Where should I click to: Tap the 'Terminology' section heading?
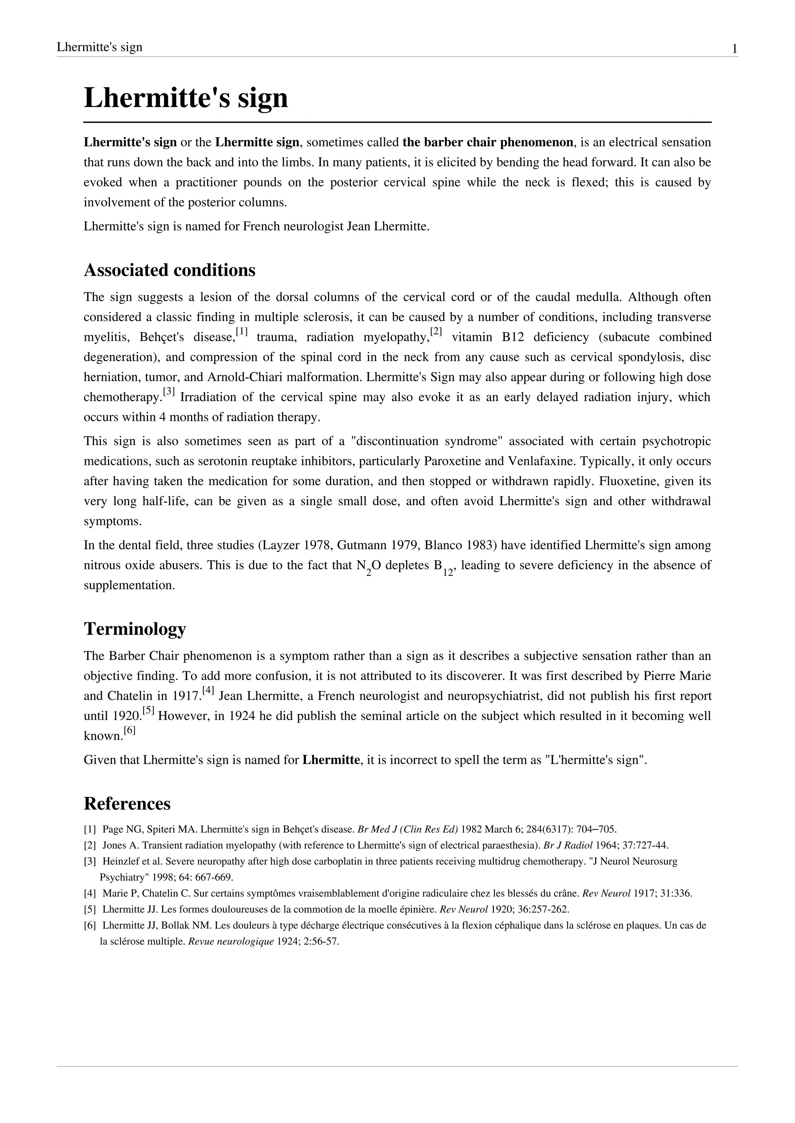pyautogui.click(x=135, y=629)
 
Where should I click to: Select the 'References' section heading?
pyautogui.click(x=127, y=803)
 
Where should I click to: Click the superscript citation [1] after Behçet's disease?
pyautogui.click(x=242, y=332)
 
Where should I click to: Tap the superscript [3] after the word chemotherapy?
pyautogui.click(x=169, y=392)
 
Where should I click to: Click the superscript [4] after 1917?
pyautogui.click(x=208, y=691)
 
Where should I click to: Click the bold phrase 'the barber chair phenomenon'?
pyautogui.click(x=488, y=143)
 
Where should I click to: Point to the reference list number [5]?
pyautogui.click(x=90, y=909)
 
